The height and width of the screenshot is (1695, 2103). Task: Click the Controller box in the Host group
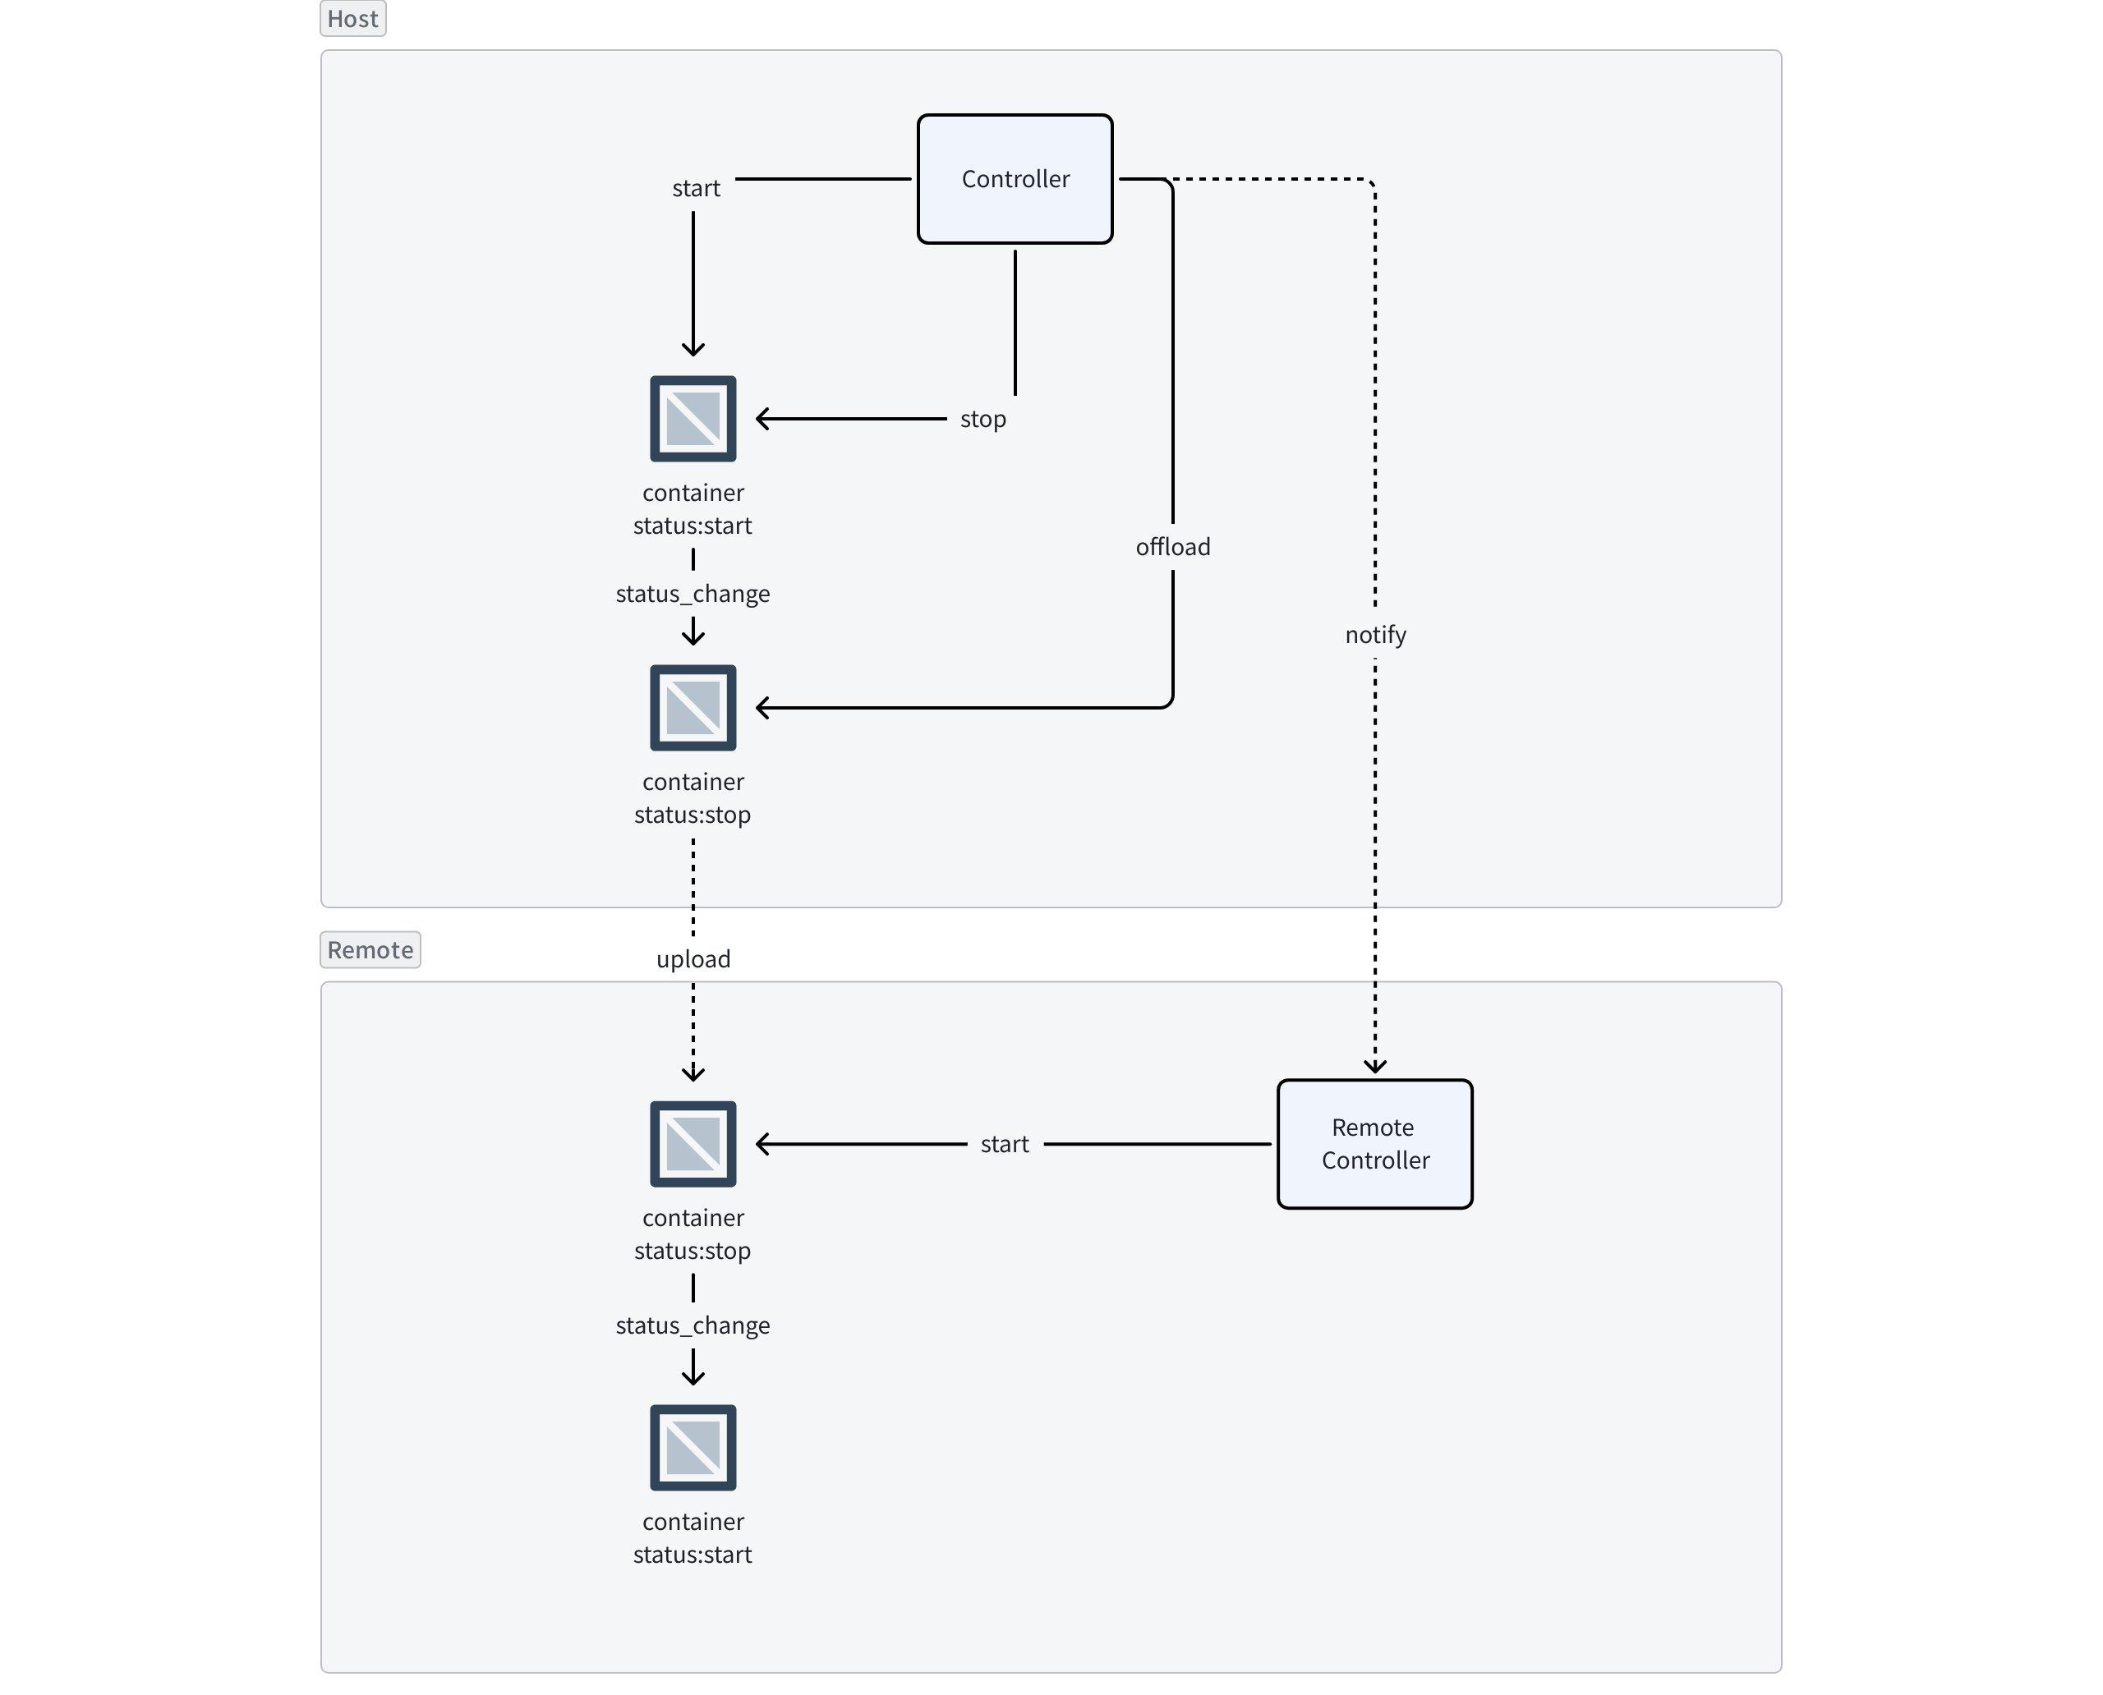1015,179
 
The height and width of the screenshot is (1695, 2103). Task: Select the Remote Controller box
1374,1143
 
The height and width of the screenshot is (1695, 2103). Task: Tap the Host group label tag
352,19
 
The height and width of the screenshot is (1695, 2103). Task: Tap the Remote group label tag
370,949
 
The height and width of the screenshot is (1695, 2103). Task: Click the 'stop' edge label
982,419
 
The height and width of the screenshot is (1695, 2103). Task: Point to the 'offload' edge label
1172,547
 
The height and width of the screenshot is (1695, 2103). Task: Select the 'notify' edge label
1375,635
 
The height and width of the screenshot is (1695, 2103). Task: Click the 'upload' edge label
693,959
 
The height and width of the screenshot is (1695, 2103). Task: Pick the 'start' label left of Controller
696,188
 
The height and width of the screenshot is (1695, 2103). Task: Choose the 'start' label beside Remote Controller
1004,1144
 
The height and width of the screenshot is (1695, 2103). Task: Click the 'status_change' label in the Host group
693,594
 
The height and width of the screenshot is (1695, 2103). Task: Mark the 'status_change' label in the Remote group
693,1325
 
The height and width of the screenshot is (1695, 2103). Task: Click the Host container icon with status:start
693,419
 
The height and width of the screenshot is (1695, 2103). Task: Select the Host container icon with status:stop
693,708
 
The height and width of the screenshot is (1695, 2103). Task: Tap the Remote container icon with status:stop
693,1144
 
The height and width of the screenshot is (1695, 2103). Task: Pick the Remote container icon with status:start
693,1448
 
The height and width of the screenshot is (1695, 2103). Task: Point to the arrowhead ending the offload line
763,708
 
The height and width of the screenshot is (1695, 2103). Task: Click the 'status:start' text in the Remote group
693,1555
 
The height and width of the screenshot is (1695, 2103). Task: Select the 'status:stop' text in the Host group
693,815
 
